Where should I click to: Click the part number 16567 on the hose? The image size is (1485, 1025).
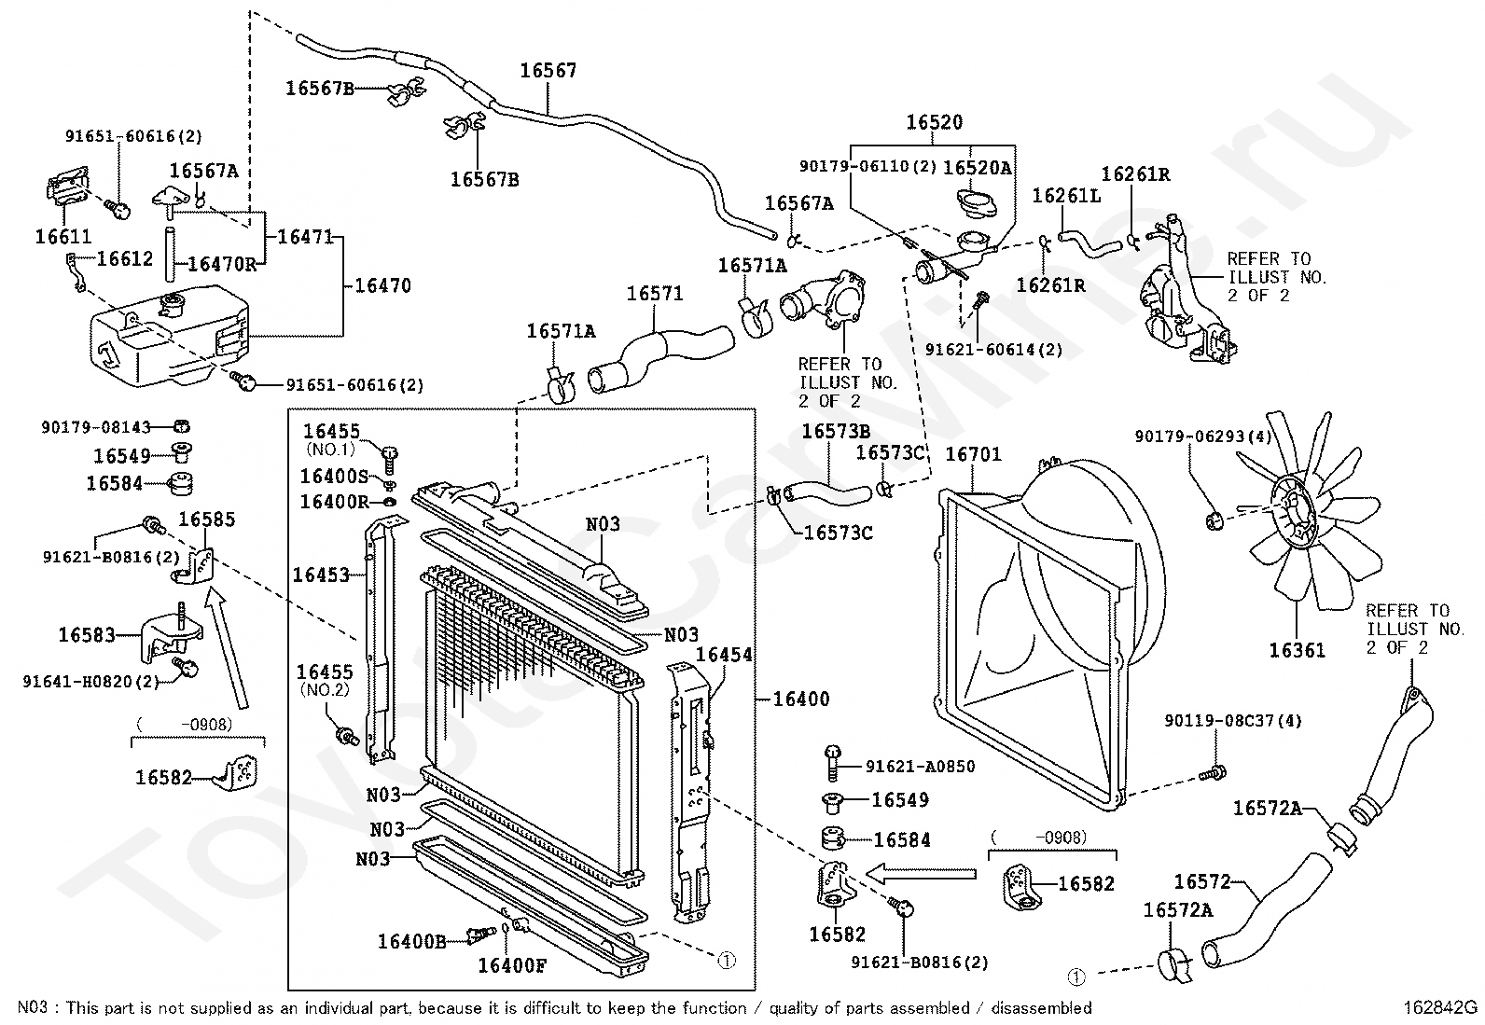pyautogui.click(x=548, y=71)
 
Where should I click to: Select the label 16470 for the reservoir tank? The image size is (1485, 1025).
pyautogui.click(x=382, y=286)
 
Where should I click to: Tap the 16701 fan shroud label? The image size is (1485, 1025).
pyautogui.click(x=973, y=454)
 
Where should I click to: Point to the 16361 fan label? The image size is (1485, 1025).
pyautogui.click(x=1297, y=650)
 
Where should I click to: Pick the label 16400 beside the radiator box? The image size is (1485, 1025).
pyautogui.click(x=801, y=699)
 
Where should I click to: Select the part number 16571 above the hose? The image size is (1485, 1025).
pyautogui.click(x=655, y=294)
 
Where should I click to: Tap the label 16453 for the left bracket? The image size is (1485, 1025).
pyautogui.click(x=321, y=575)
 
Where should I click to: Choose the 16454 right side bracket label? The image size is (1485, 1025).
pyautogui.click(x=724, y=656)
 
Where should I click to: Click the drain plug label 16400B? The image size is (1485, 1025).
pyautogui.click(x=411, y=941)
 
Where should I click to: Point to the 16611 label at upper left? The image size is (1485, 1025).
pyautogui.click(x=63, y=237)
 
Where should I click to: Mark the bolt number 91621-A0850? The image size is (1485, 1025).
pyautogui.click(x=920, y=767)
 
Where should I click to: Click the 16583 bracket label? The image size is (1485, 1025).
pyautogui.click(x=87, y=635)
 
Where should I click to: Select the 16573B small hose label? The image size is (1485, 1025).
pyautogui.click(x=836, y=431)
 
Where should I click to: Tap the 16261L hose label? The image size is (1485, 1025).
pyautogui.click(x=1066, y=196)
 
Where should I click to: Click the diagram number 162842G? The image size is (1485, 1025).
pyautogui.click(x=1440, y=1008)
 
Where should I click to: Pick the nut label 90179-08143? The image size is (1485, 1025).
pyautogui.click(x=96, y=427)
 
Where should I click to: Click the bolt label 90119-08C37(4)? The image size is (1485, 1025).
pyautogui.click(x=1233, y=721)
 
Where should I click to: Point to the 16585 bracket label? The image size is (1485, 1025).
pyautogui.click(x=207, y=520)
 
